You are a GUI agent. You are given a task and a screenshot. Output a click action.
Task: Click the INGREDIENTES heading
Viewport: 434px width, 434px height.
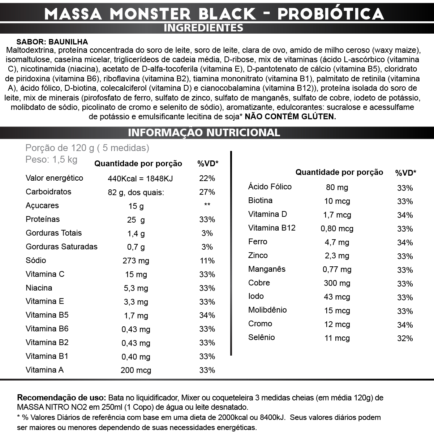click(x=203, y=28)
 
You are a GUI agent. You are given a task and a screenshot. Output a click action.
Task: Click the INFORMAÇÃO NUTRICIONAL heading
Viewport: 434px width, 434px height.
click(x=204, y=133)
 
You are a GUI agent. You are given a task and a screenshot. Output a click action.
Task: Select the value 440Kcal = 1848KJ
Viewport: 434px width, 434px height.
click(x=140, y=179)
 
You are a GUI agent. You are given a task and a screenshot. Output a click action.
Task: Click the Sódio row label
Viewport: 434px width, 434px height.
click(x=36, y=260)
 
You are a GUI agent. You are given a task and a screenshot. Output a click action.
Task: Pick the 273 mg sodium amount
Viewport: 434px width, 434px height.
click(x=136, y=261)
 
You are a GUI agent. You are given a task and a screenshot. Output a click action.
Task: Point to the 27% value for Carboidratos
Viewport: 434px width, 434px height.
click(x=207, y=192)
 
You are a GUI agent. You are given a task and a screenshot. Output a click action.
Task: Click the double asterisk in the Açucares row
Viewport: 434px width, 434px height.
click(x=207, y=205)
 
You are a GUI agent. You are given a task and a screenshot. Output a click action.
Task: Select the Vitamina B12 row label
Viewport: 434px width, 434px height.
click(x=272, y=228)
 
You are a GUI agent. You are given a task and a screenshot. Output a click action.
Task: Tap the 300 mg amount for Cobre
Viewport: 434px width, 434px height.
click(x=337, y=283)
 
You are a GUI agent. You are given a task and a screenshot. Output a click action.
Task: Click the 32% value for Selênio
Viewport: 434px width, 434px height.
click(x=405, y=339)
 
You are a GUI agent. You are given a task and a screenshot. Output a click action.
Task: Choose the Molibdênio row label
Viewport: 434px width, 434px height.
click(x=267, y=310)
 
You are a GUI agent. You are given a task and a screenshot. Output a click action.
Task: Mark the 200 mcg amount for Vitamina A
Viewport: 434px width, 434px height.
click(x=136, y=370)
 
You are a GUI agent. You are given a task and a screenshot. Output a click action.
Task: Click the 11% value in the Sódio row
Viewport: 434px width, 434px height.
click(x=207, y=261)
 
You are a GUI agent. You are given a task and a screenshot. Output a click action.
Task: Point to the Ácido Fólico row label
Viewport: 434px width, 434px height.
click(x=270, y=187)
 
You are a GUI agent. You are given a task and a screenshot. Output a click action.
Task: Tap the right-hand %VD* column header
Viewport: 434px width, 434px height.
click(x=405, y=173)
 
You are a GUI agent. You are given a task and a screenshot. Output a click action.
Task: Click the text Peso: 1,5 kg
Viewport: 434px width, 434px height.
click(x=51, y=160)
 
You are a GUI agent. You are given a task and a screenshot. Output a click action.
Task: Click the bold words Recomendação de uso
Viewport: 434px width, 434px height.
click(x=61, y=398)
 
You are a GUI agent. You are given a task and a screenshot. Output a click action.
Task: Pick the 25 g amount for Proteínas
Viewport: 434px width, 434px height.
click(x=136, y=220)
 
